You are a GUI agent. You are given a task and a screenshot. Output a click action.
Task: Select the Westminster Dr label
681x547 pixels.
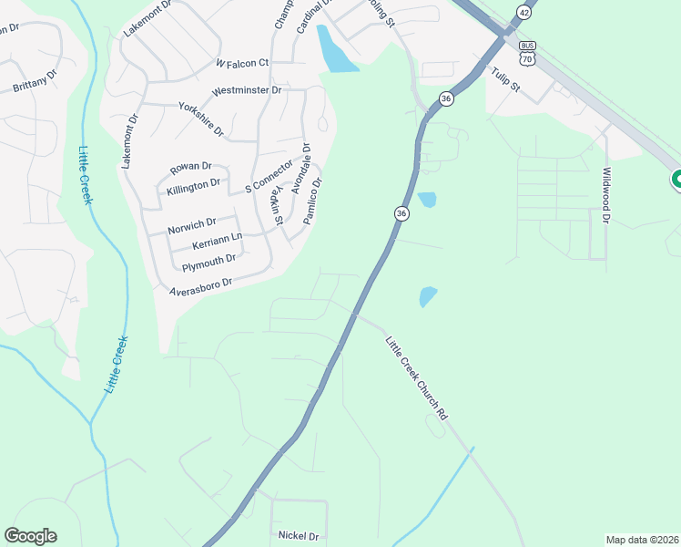246,91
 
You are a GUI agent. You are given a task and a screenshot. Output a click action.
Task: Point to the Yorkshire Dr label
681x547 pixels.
201,119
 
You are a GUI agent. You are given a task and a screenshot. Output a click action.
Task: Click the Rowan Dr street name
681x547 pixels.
190,168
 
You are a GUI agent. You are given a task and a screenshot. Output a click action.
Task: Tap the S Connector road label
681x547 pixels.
269,176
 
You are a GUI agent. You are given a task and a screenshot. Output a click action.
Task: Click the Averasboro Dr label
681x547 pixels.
201,286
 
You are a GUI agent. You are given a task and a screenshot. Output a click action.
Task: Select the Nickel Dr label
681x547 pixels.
300,536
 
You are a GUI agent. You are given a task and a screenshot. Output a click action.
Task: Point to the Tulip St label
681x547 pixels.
504,80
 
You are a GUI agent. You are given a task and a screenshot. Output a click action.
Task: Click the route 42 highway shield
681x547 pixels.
523,12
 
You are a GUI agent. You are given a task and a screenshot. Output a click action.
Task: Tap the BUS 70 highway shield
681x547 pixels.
526,53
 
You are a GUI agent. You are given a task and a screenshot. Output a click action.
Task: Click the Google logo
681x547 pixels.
30,536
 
